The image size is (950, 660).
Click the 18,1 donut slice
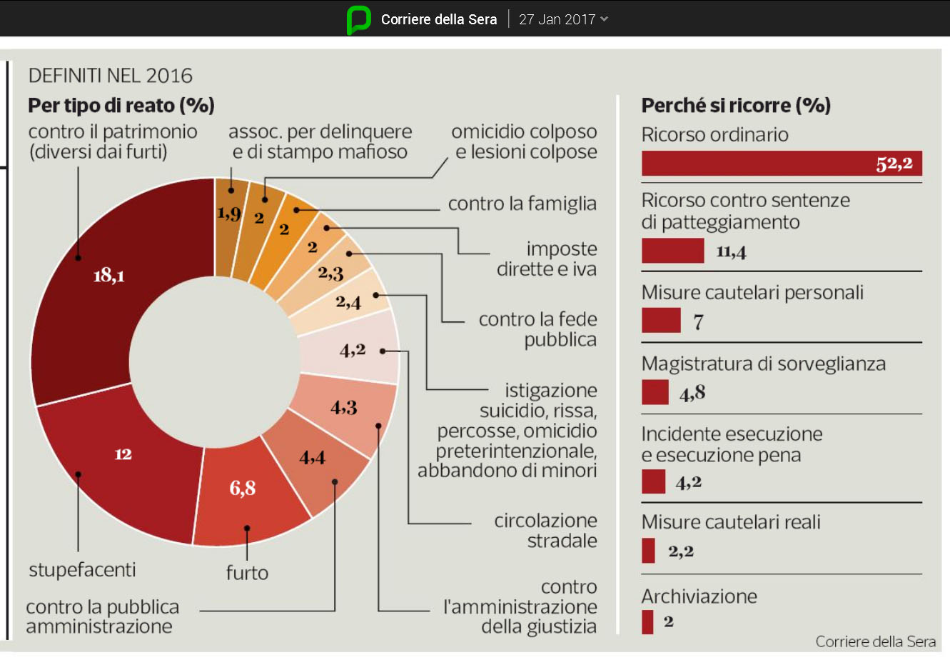click(x=107, y=286)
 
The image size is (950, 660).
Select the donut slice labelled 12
click(x=123, y=464)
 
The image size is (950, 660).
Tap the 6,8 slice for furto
click(x=243, y=493)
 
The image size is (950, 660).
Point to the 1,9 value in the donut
click(x=228, y=213)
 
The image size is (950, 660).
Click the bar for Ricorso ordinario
click(x=781, y=164)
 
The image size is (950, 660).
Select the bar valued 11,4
click(x=672, y=251)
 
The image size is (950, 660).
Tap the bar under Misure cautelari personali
click(x=661, y=321)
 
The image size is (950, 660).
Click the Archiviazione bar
click(x=647, y=621)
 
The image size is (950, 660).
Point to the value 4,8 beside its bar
click(x=692, y=393)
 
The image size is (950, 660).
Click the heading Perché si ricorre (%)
click(x=736, y=106)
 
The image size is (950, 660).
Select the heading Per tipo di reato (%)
click(x=121, y=106)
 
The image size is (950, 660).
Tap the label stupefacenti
click(x=82, y=570)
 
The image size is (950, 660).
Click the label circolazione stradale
click(x=546, y=531)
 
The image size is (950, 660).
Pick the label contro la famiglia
click(x=522, y=204)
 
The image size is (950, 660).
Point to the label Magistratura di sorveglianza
click(x=763, y=364)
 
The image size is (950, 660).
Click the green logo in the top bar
click(x=358, y=19)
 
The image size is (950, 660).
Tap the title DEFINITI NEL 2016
click(x=111, y=76)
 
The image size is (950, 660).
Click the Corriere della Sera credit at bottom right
click(x=876, y=641)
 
